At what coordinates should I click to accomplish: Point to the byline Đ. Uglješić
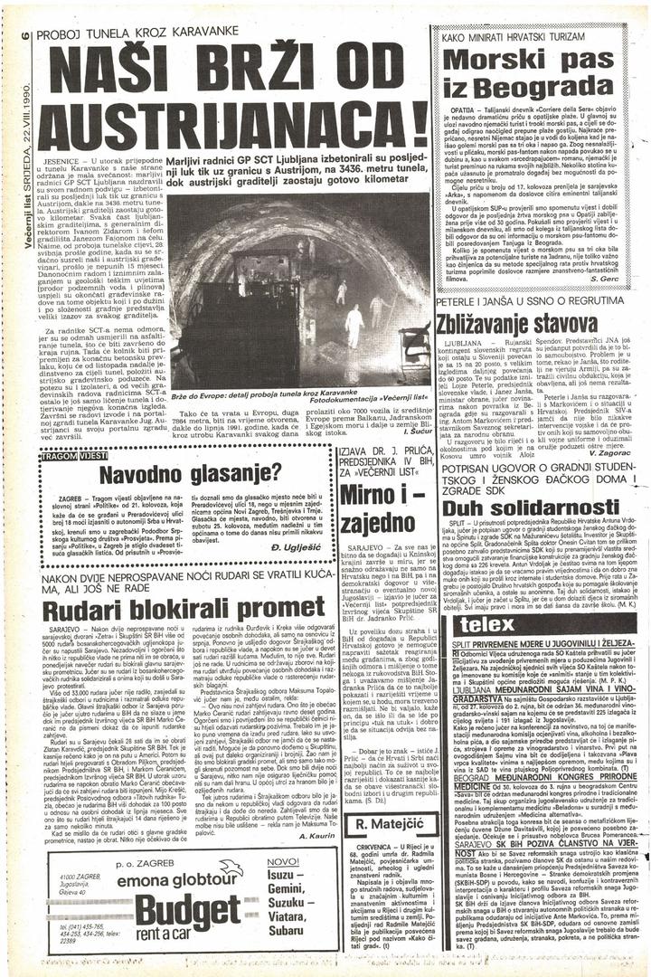coord(293,548)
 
